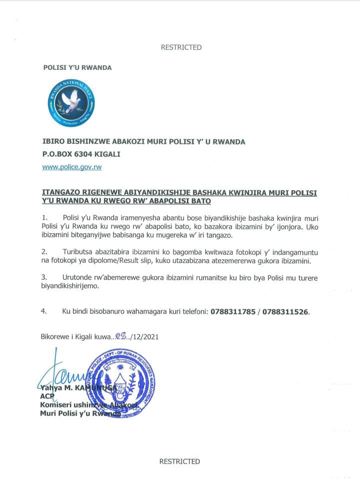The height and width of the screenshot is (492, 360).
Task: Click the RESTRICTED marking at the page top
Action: [x=181, y=47]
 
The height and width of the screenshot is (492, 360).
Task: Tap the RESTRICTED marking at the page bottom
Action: [x=179, y=462]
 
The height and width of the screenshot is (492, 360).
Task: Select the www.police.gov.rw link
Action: [x=71, y=167]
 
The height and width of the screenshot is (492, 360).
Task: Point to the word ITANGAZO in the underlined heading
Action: [x=59, y=192]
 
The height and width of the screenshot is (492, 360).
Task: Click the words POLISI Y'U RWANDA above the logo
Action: [x=77, y=67]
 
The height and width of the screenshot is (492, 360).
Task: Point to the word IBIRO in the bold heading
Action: [x=52, y=142]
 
